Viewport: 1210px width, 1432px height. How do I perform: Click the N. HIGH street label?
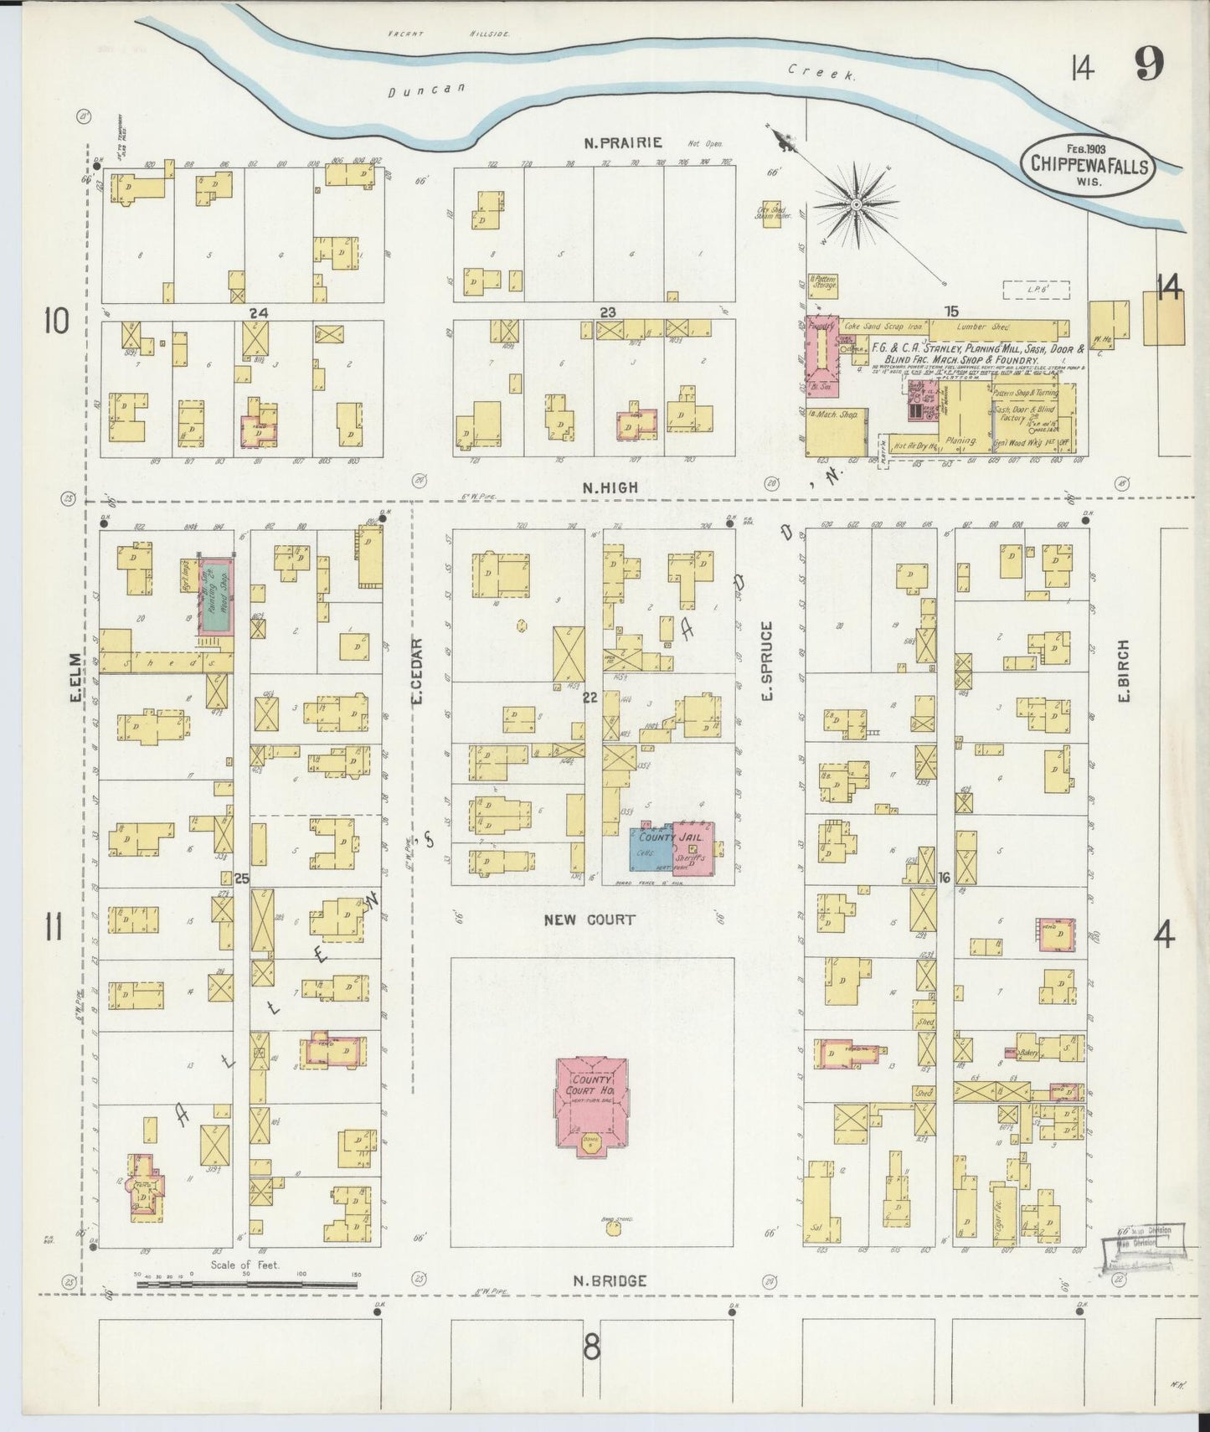[610, 487]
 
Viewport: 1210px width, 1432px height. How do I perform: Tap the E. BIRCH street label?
[1125, 671]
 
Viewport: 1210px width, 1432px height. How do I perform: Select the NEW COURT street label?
[590, 919]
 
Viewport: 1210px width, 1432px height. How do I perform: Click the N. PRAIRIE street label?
[623, 142]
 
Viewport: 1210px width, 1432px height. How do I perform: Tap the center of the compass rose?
[857, 203]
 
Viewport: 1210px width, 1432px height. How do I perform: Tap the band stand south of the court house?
[613, 1229]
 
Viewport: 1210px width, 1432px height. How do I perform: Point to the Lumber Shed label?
[987, 327]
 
